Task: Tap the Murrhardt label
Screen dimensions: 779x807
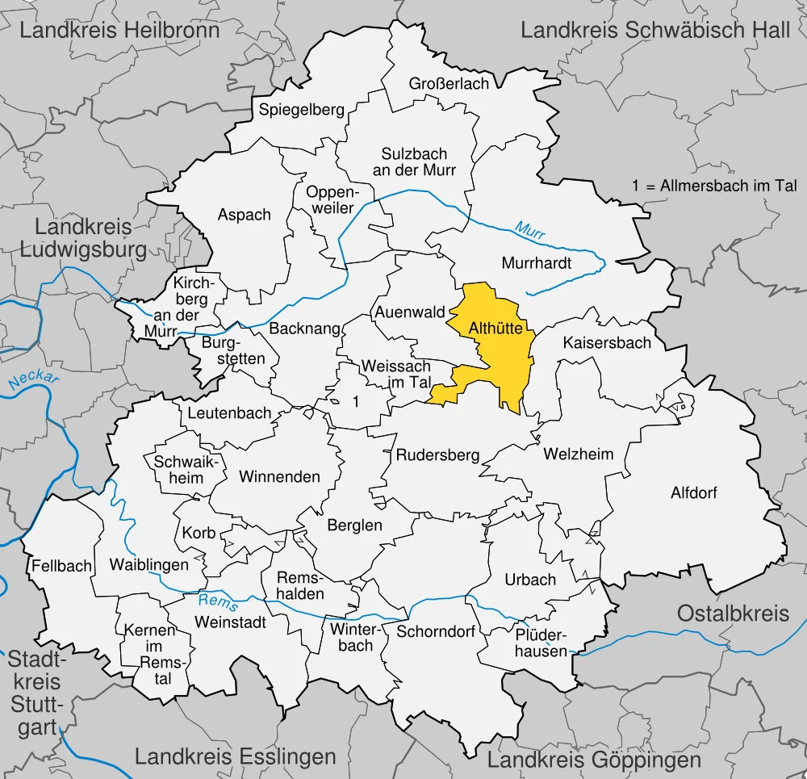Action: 537,263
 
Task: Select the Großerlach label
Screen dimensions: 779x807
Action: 449,84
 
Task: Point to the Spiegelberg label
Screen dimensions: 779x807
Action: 302,110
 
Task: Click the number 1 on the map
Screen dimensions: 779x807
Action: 355,400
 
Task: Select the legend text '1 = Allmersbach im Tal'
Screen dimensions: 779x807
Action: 715,186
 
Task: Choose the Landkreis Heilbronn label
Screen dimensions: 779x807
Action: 119,31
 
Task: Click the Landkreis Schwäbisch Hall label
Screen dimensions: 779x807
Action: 655,31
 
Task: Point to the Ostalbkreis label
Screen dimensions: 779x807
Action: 733,613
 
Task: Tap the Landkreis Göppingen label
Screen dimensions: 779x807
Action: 594,760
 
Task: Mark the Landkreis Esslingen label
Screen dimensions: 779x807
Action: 235,756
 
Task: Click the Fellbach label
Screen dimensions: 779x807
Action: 62,566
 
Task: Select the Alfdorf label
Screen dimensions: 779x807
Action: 694,492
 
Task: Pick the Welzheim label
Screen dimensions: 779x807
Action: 578,454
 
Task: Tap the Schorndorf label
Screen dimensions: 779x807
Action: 436,631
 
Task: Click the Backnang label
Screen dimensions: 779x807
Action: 299,329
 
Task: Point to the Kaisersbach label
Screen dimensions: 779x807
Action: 607,342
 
